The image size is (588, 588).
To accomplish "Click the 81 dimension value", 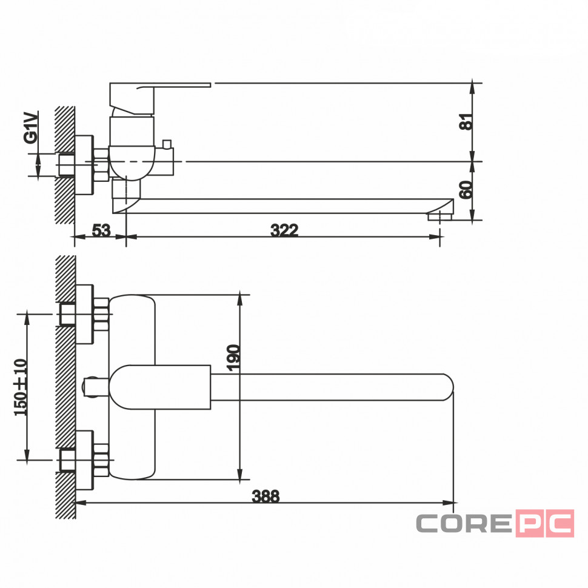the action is [466, 121].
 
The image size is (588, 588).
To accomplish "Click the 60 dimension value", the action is [466, 190].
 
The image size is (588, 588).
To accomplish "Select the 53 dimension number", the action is [101, 230].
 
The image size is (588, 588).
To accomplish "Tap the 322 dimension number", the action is [284, 230].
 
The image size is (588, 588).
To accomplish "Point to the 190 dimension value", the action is [233, 358].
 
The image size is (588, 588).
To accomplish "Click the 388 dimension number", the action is [266, 496].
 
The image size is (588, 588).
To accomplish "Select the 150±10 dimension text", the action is [21, 387].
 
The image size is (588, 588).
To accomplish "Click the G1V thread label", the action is [31, 127].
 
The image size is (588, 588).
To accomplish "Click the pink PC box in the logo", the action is [545, 523].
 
